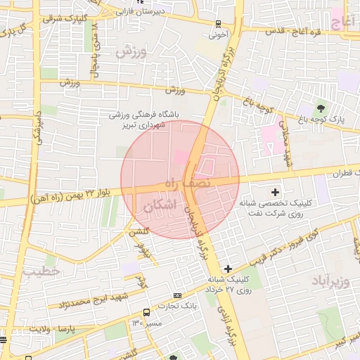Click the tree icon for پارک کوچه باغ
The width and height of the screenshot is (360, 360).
pos(321,108)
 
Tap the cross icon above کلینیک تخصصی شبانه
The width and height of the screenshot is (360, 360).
pos(274,191)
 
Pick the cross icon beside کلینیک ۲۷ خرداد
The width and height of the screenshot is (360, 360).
pos(228,268)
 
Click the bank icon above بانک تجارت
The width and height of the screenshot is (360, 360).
pos(177,295)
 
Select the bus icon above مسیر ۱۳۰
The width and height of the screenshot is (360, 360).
pos(146,312)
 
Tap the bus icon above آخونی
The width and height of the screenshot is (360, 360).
pos(218,22)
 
